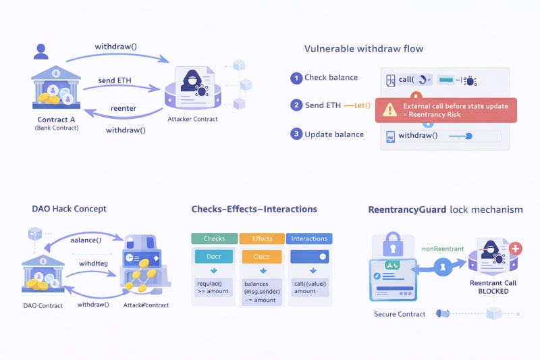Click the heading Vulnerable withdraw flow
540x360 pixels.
(x=364, y=49)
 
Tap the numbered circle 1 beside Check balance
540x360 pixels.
(x=296, y=78)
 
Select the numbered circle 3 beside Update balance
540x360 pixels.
(x=296, y=134)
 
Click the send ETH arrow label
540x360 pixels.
(x=115, y=80)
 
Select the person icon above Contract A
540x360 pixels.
(x=41, y=51)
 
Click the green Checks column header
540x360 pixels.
(x=215, y=238)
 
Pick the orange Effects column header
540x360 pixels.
(x=262, y=238)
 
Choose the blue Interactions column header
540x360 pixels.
(x=309, y=238)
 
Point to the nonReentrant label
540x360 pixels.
(x=443, y=249)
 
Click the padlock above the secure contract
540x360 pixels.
(x=393, y=242)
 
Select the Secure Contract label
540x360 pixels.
(x=400, y=314)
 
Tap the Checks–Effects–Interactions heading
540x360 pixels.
(x=254, y=209)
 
